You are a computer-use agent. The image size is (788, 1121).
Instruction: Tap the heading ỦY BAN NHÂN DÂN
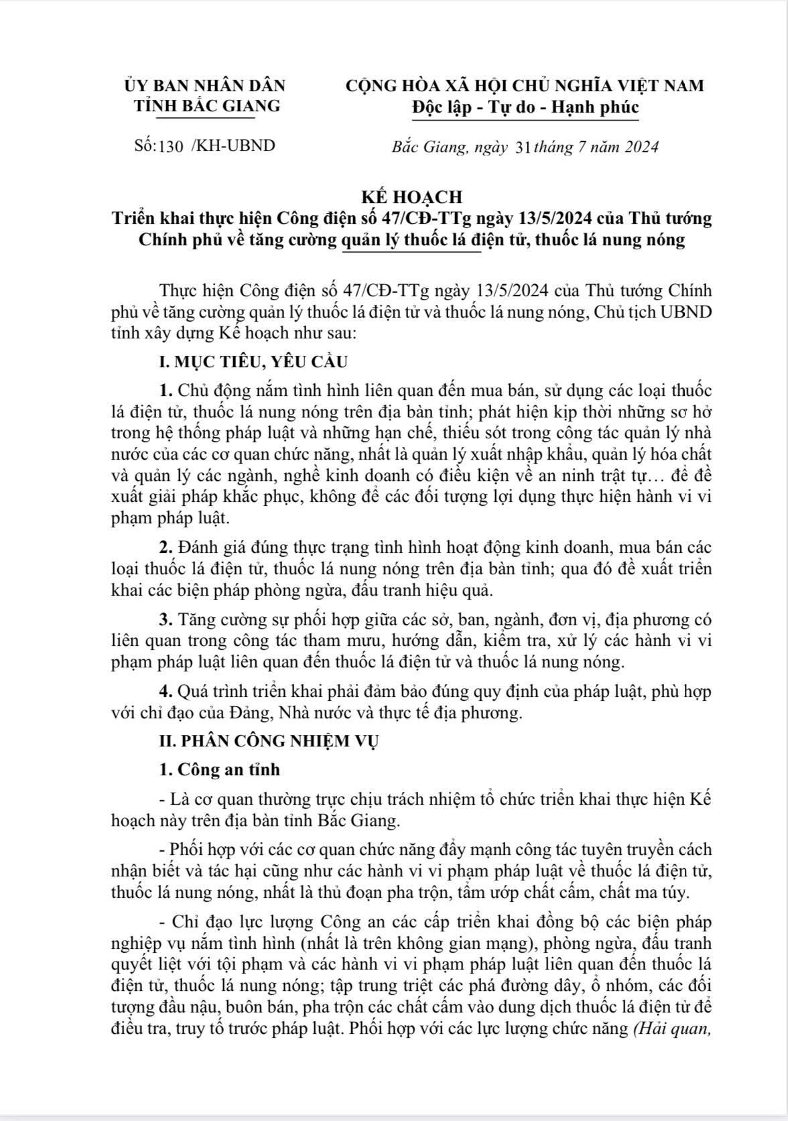(205, 86)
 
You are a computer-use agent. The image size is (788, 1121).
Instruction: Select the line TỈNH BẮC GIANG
(207, 106)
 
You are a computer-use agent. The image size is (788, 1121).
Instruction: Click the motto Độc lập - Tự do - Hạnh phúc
(525, 107)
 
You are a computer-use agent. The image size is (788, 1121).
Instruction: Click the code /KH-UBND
(233, 145)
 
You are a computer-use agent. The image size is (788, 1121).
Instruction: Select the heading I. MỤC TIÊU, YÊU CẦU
(253, 362)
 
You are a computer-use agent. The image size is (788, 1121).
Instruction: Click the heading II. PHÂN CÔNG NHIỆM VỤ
(269, 741)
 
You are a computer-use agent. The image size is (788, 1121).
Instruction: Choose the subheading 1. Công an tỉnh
(220, 769)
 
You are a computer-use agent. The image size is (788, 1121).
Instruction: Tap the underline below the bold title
(411, 252)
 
